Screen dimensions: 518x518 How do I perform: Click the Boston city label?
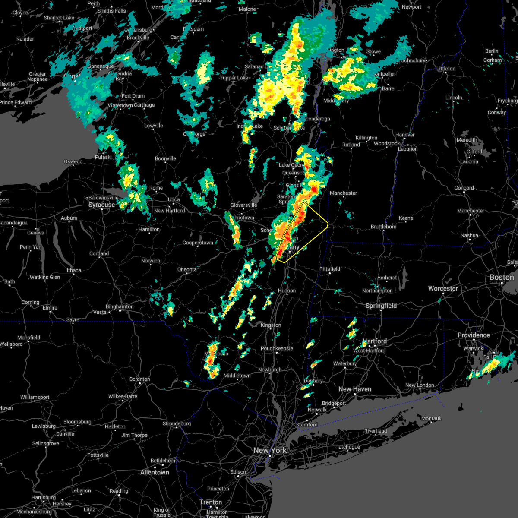(x=501, y=277)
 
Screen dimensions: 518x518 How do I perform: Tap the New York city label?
(x=270, y=450)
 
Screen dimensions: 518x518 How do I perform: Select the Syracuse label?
(x=102, y=205)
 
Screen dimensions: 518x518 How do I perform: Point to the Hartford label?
(x=375, y=341)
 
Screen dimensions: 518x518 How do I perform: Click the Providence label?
(x=474, y=335)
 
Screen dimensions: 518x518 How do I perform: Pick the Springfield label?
(x=381, y=306)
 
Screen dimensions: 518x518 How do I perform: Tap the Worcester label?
(x=443, y=288)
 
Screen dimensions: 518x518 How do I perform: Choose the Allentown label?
(x=155, y=472)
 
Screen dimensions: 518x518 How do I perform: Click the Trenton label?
(x=211, y=502)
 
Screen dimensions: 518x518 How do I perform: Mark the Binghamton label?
(x=120, y=307)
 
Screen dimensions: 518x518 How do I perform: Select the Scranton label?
(x=140, y=379)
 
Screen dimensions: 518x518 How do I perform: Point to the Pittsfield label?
(x=330, y=269)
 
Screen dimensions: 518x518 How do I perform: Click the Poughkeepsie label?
(x=277, y=348)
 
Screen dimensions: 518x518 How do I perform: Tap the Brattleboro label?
(x=383, y=227)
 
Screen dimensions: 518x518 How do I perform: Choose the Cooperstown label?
(x=198, y=243)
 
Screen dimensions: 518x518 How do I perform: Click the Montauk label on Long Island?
(x=431, y=418)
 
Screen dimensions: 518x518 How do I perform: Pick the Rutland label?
(x=351, y=145)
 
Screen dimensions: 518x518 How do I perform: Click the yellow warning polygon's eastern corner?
(x=328, y=224)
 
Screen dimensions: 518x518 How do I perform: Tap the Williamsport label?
(x=35, y=397)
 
